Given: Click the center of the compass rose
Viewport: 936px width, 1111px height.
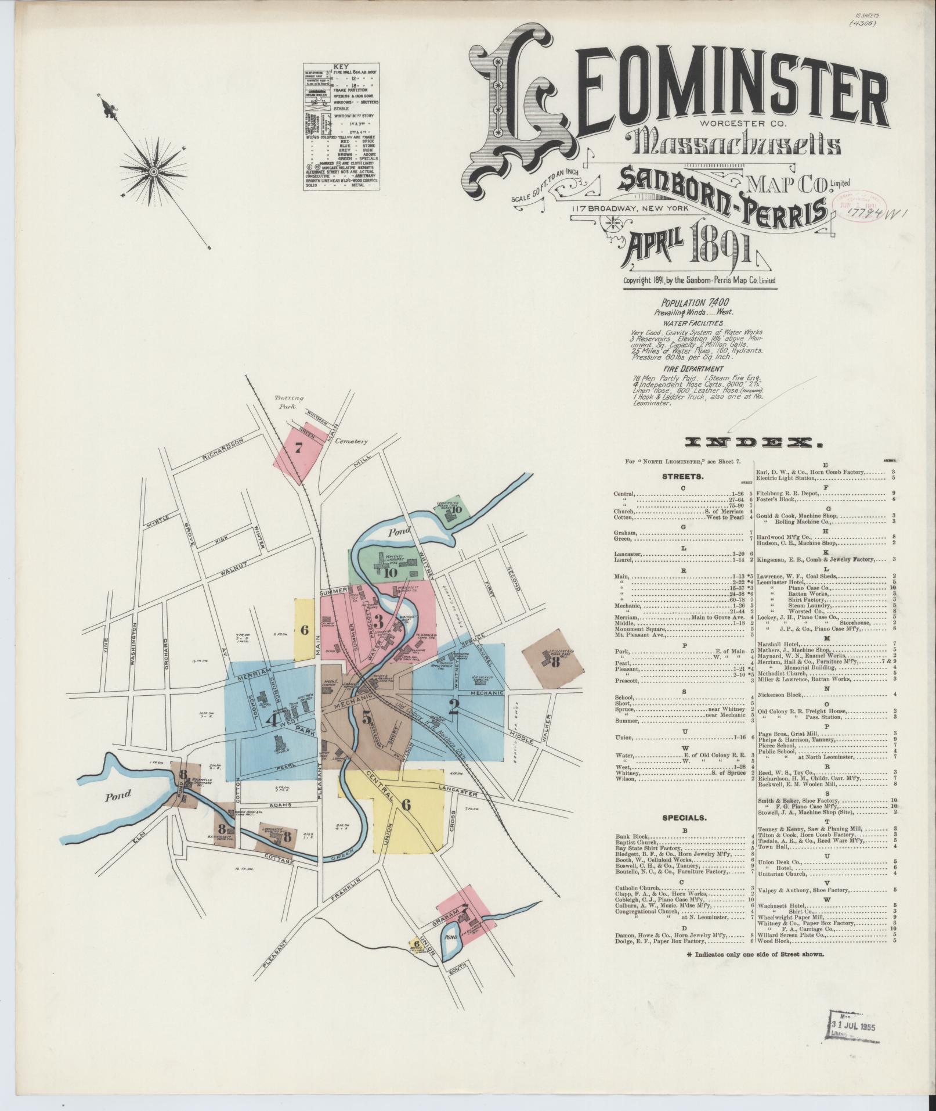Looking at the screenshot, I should point(153,172).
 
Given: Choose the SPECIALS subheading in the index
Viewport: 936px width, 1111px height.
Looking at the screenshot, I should point(684,818).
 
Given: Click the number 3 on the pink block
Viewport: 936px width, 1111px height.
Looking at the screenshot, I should point(379,620).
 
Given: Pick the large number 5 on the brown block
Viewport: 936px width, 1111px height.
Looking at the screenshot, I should point(367,717).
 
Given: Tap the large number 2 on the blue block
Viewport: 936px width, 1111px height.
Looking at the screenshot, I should point(454,706).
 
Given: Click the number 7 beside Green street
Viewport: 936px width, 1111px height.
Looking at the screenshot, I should point(299,447).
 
